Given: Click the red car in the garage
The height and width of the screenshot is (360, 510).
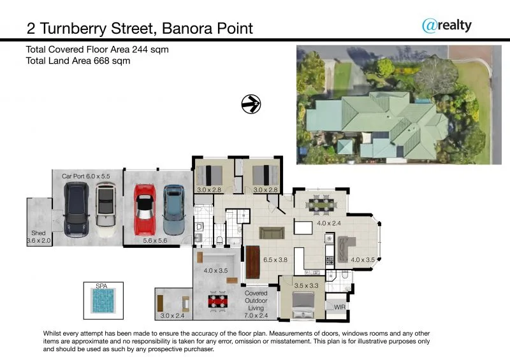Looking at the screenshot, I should tap(143, 209).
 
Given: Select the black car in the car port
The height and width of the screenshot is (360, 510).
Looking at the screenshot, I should tap(76, 206).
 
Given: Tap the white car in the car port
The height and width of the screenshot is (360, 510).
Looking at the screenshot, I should tap(105, 205).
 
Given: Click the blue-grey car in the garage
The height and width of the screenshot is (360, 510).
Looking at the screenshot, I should tap(173, 210).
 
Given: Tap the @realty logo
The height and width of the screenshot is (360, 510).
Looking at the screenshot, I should tap(446, 25).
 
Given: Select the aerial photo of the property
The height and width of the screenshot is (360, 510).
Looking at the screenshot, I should tap(394, 104).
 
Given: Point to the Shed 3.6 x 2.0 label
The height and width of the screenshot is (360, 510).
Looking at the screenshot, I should tap(38, 237).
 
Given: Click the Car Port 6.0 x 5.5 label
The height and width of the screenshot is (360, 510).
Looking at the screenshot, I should tap(86, 175).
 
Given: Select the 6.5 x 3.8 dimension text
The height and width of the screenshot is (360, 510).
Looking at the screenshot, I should tap(275, 260).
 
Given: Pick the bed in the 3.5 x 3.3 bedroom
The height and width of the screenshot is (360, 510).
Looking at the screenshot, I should tap(303, 303).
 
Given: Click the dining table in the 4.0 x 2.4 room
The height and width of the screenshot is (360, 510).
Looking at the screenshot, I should tap(321, 205).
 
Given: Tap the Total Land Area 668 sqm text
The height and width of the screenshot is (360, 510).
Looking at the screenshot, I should tap(78, 61).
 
